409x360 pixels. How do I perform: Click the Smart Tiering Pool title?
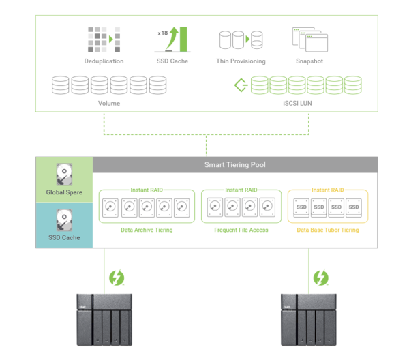235,164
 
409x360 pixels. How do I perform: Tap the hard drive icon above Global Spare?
64,175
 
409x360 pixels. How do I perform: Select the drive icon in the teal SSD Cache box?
64,220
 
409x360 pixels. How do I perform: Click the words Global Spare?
64,192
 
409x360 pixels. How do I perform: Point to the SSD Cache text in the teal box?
64,238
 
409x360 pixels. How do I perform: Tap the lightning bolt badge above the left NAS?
117,277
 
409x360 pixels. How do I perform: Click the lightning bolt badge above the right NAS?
320,277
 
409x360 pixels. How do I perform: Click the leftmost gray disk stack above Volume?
61,85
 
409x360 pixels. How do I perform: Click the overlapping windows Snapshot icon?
309,40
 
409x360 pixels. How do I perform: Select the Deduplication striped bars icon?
104,40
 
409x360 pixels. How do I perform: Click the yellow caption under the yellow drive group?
327,231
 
